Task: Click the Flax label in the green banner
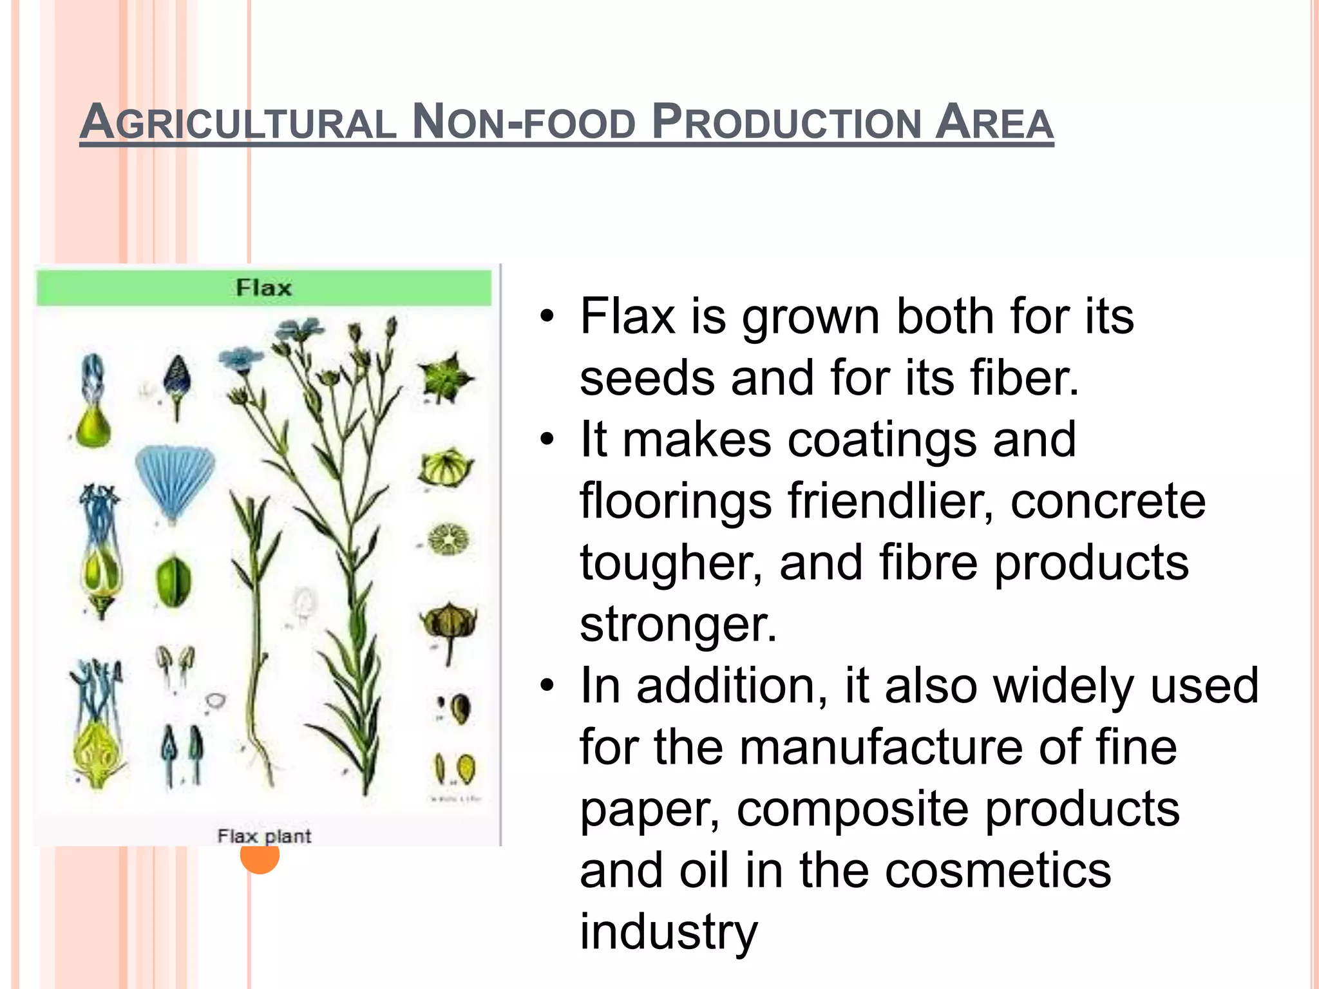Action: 263,287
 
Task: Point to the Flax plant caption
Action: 264,836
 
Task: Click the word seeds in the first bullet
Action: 647,378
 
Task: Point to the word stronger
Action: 678,625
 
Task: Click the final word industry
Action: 669,931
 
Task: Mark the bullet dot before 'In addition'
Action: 547,686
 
